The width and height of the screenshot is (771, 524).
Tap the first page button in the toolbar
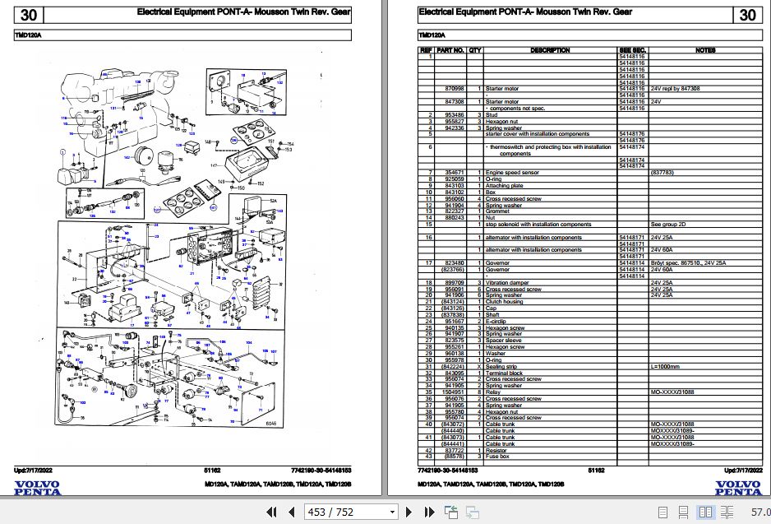[x=271, y=512]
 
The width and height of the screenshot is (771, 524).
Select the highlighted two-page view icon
[x=704, y=512]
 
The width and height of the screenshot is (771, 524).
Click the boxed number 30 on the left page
[x=29, y=15]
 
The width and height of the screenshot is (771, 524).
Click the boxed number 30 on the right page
[x=747, y=15]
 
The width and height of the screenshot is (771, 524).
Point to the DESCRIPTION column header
[x=550, y=50]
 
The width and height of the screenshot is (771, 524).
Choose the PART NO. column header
[x=450, y=50]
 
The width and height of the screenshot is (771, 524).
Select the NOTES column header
[x=705, y=50]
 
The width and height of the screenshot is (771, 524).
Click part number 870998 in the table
[x=454, y=88]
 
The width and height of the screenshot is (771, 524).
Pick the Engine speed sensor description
[x=512, y=173]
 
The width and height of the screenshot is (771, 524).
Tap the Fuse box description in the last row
[x=497, y=456]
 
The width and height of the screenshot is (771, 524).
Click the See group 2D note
[x=667, y=224]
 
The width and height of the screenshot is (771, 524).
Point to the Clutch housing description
[x=505, y=302]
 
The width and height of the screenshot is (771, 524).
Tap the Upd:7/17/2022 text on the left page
[x=35, y=470]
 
